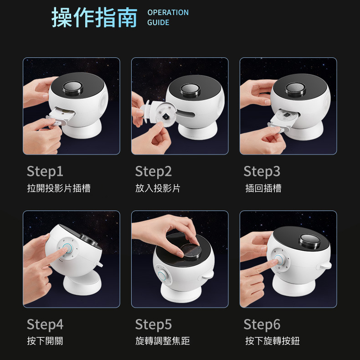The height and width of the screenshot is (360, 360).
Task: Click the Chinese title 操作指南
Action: pyautogui.click(x=94, y=17)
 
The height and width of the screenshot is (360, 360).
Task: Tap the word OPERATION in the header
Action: pyautogui.click(x=168, y=12)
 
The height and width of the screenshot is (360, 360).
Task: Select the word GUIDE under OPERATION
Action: pyautogui.click(x=158, y=22)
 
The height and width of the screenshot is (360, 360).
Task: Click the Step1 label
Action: pyautogui.click(x=45, y=171)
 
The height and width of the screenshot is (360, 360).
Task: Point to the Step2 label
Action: pyautogui.click(x=154, y=171)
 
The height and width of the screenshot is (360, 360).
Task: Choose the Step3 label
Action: pyautogui.click(x=262, y=171)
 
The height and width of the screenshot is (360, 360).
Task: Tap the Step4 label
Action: pyautogui.click(x=45, y=324)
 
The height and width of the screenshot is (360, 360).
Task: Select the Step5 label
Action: pyautogui.click(x=154, y=324)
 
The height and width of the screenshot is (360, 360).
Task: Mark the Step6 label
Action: pyautogui.click(x=262, y=324)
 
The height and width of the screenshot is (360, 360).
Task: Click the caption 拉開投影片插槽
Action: pyautogui.click(x=59, y=188)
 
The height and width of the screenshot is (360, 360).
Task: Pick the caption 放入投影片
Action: pyautogui.click(x=158, y=188)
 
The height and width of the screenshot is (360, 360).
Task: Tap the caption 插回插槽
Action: pyautogui.click(x=263, y=188)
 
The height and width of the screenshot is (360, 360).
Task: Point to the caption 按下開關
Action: pyautogui.click(x=45, y=341)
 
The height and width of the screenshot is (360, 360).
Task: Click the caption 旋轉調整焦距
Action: pyautogui.click(x=163, y=341)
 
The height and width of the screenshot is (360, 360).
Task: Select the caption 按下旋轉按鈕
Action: pyautogui.click(x=273, y=341)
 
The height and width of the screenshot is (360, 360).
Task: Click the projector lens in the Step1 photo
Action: pyautogui.click(x=73, y=88)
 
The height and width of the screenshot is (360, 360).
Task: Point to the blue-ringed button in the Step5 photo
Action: pyautogui.click(x=163, y=276)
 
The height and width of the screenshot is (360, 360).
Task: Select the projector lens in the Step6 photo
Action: pyautogui.click(x=309, y=241)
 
